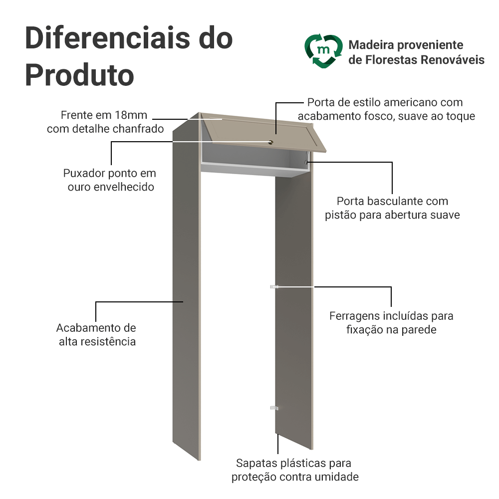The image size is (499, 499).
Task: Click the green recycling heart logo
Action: (x=324, y=51)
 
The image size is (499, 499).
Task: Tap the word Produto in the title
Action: (x=79, y=74)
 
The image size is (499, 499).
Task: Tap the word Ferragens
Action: (x=354, y=316)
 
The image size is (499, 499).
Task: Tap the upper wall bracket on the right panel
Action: (x=273, y=287)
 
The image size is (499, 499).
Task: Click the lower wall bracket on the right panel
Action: (x=272, y=408)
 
